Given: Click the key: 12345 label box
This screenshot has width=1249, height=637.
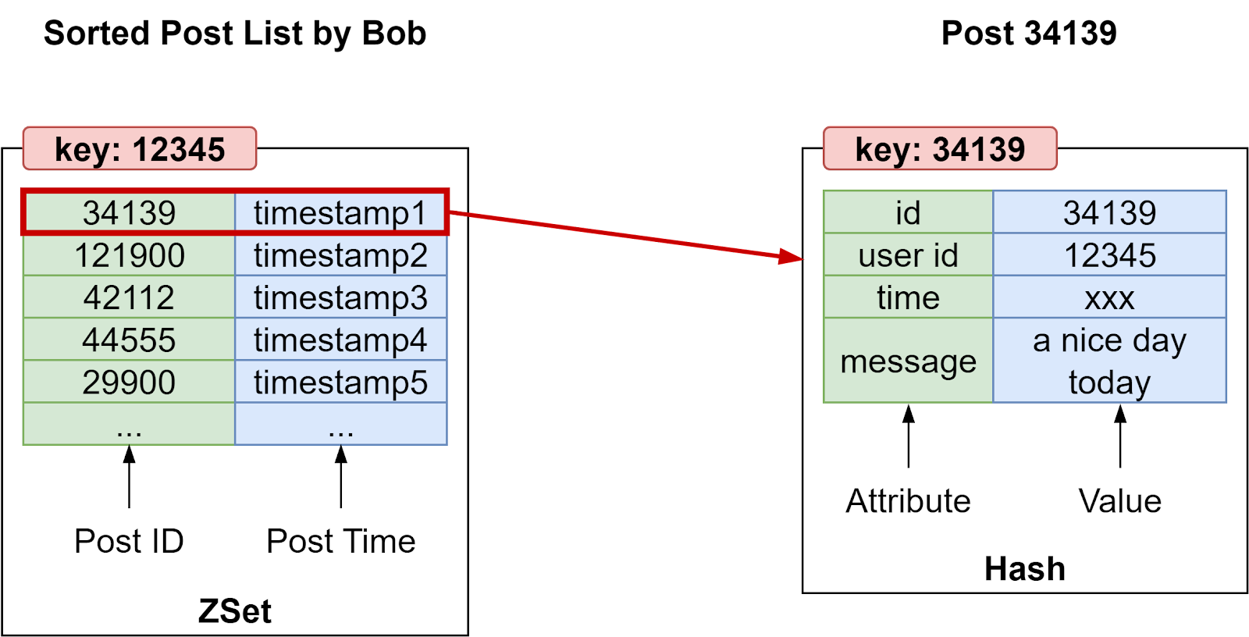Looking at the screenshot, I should (140, 148).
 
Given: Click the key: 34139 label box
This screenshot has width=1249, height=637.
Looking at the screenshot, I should (940, 148).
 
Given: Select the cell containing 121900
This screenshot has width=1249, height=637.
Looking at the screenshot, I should (129, 255).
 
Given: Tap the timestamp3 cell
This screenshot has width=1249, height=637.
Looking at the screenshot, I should (340, 297).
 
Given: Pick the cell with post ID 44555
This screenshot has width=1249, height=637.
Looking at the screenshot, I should (129, 340).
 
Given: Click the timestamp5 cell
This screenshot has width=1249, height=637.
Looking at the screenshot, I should (340, 382).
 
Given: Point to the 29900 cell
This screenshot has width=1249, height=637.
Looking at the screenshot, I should (129, 382).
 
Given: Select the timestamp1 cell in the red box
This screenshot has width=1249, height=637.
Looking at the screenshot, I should (340, 212).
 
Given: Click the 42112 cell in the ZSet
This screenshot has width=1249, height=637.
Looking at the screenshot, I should (129, 297).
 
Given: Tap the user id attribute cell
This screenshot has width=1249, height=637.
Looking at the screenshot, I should (908, 255).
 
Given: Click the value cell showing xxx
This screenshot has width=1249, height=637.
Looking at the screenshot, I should (1109, 297).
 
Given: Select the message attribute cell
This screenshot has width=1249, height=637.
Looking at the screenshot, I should (908, 361).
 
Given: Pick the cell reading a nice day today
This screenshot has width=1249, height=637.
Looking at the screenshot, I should (1109, 361).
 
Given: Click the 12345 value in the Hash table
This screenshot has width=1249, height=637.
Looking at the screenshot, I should (1109, 255).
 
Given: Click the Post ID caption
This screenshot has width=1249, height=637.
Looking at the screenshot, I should (129, 541).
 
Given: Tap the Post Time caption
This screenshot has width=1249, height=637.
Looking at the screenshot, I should (340, 541).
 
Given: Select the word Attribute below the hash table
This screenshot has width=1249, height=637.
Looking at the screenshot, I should (908, 500).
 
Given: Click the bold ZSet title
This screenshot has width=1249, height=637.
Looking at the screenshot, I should (234, 611).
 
